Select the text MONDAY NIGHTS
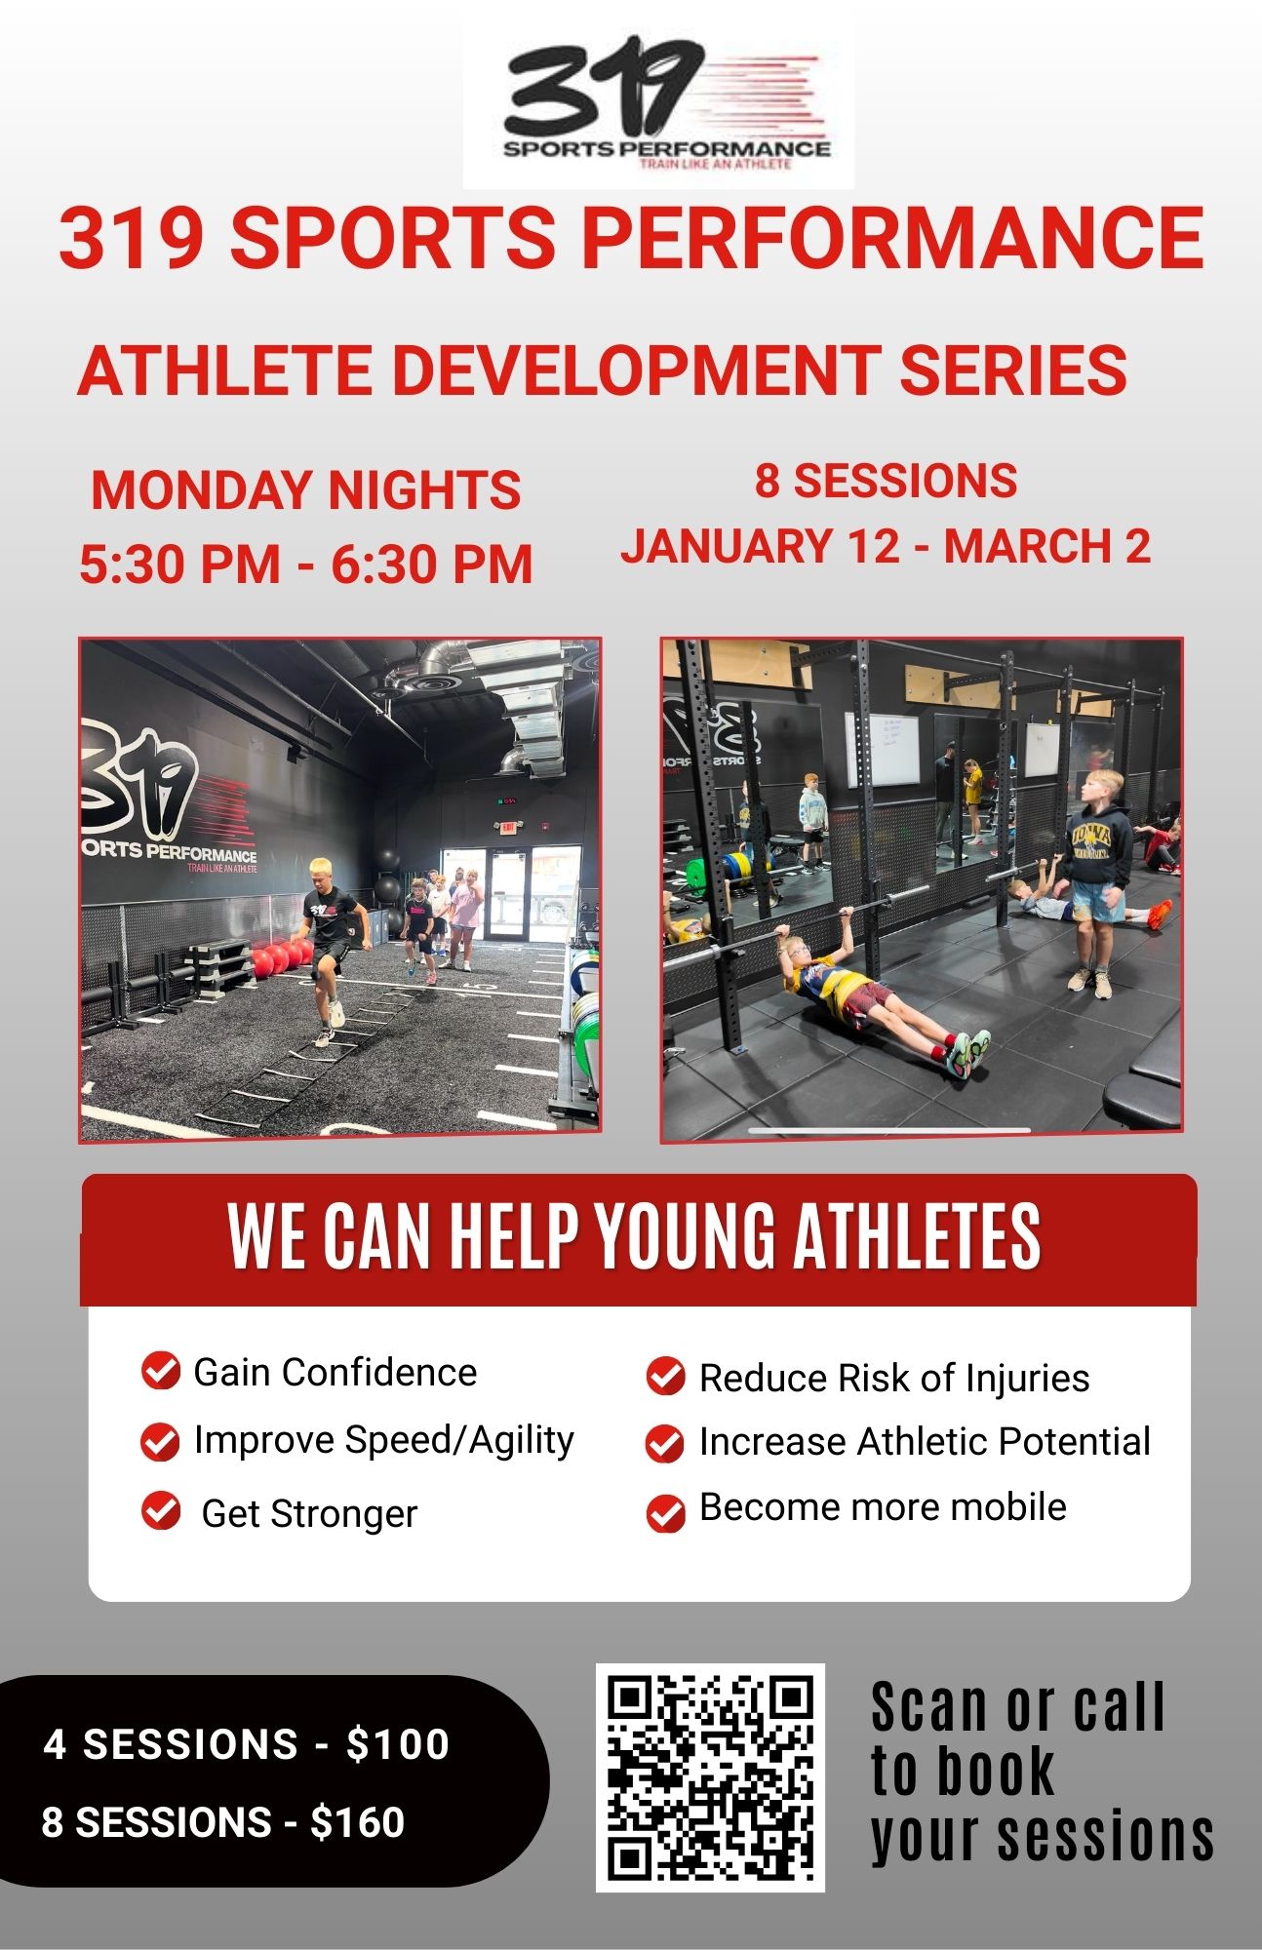(x=305, y=489)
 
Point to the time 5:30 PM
(x=179, y=565)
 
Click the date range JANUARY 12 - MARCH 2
(x=886, y=546)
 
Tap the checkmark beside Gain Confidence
(x=161, y=1370)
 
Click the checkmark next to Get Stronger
(x=161, y=1510)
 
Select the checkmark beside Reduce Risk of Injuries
(x=665, y=1376)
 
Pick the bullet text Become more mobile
(x=883, y=1507)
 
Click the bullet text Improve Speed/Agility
(x=384, y=1440)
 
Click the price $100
(x=398, y=1744)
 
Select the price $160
(x=357, y=1822)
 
